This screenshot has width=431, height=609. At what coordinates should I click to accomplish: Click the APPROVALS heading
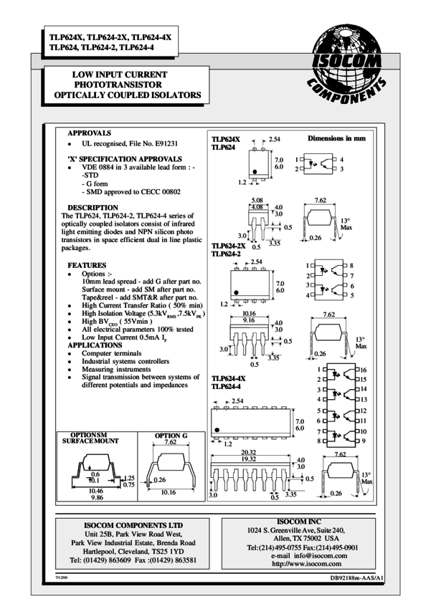pyautogui.click(x=89, y=133)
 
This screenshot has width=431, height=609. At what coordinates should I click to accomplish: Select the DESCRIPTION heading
pyautogui.click(x=93, y=208)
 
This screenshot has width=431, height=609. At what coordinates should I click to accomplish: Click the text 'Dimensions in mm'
pyautogui.click(x=337, y=137)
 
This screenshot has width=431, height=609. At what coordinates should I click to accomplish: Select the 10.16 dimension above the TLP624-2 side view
pyautogui.click(x=250, y=313)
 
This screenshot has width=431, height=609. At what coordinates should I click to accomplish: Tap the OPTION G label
pyautogui.click(x=171, y=435)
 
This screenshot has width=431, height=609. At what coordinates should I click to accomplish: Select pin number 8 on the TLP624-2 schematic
pyautogui.click(x=351, y=265)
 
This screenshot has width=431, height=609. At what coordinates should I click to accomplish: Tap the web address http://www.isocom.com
pyautogui.click(x=310, y=564)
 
